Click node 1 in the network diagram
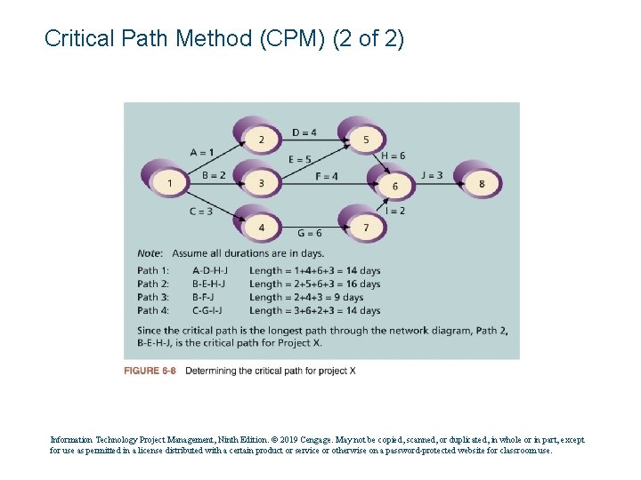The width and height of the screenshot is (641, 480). [x=169, y=183]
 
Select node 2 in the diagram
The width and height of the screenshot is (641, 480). [x=261, y=140]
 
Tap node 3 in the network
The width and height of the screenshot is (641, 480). [x=261, y=183]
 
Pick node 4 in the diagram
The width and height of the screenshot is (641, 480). [x=261, y=228]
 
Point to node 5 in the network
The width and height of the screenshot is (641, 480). [x=366, y=140]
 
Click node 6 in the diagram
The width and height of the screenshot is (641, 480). [x=394, y=186]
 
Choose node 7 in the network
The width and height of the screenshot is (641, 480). [x=366, y=228]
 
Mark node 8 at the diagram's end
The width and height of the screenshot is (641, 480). [x=482, y=184]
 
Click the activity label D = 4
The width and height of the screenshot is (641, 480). [x=304, y=133]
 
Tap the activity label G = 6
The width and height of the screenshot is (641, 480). [x=310, y=233]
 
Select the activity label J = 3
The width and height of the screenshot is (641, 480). [x=432, y=175]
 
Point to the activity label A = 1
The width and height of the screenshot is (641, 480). [x=202, y=152]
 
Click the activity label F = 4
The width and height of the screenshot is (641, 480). [x=326, y=176]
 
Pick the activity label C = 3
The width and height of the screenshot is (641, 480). [x=200, y=212]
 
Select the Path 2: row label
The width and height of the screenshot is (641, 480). [x=153, y=284]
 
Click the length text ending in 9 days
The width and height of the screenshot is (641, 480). [x=306, y=297]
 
